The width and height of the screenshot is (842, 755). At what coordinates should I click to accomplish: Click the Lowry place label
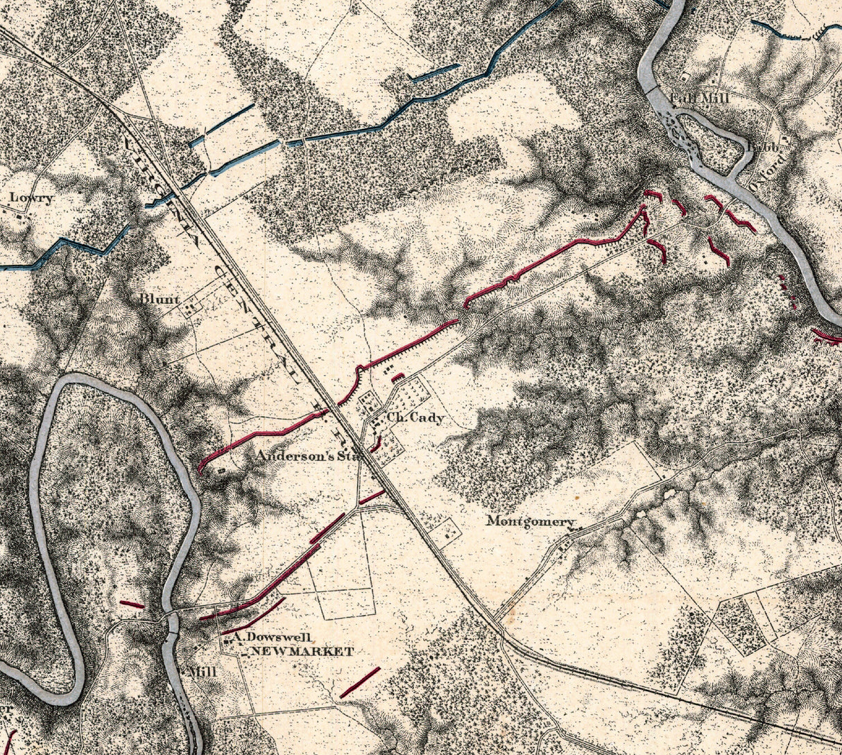(32, 198)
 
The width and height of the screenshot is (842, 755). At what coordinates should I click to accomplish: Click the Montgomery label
(531, 521)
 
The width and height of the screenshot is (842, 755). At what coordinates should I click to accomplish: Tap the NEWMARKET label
(302, 652)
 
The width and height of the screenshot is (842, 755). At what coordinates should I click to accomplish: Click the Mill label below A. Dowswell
(203, 672)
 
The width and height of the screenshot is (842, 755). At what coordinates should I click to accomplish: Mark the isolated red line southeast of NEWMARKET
(360, 682)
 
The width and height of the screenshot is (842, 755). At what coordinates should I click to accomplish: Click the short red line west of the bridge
(132, 604)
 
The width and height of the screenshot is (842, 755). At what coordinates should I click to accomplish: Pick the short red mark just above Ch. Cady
(397, 377)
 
